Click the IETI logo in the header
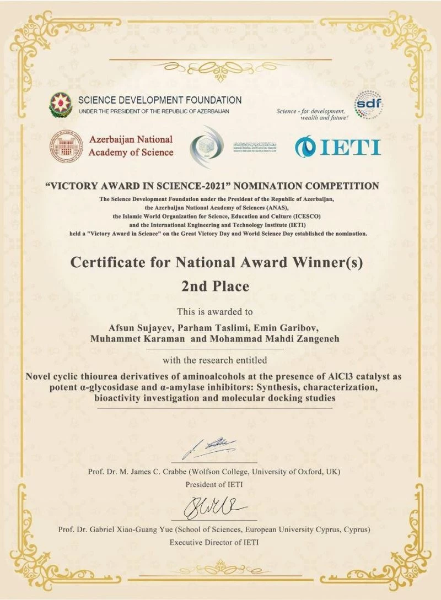pos(337,147)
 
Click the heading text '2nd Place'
pos(215,287)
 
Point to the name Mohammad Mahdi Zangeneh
pos(271,339)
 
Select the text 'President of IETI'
pos(214,485)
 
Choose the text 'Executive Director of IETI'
pos(214,543)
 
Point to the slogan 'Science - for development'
pos(311,111)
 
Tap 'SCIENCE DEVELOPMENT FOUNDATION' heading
pos(160,100)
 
